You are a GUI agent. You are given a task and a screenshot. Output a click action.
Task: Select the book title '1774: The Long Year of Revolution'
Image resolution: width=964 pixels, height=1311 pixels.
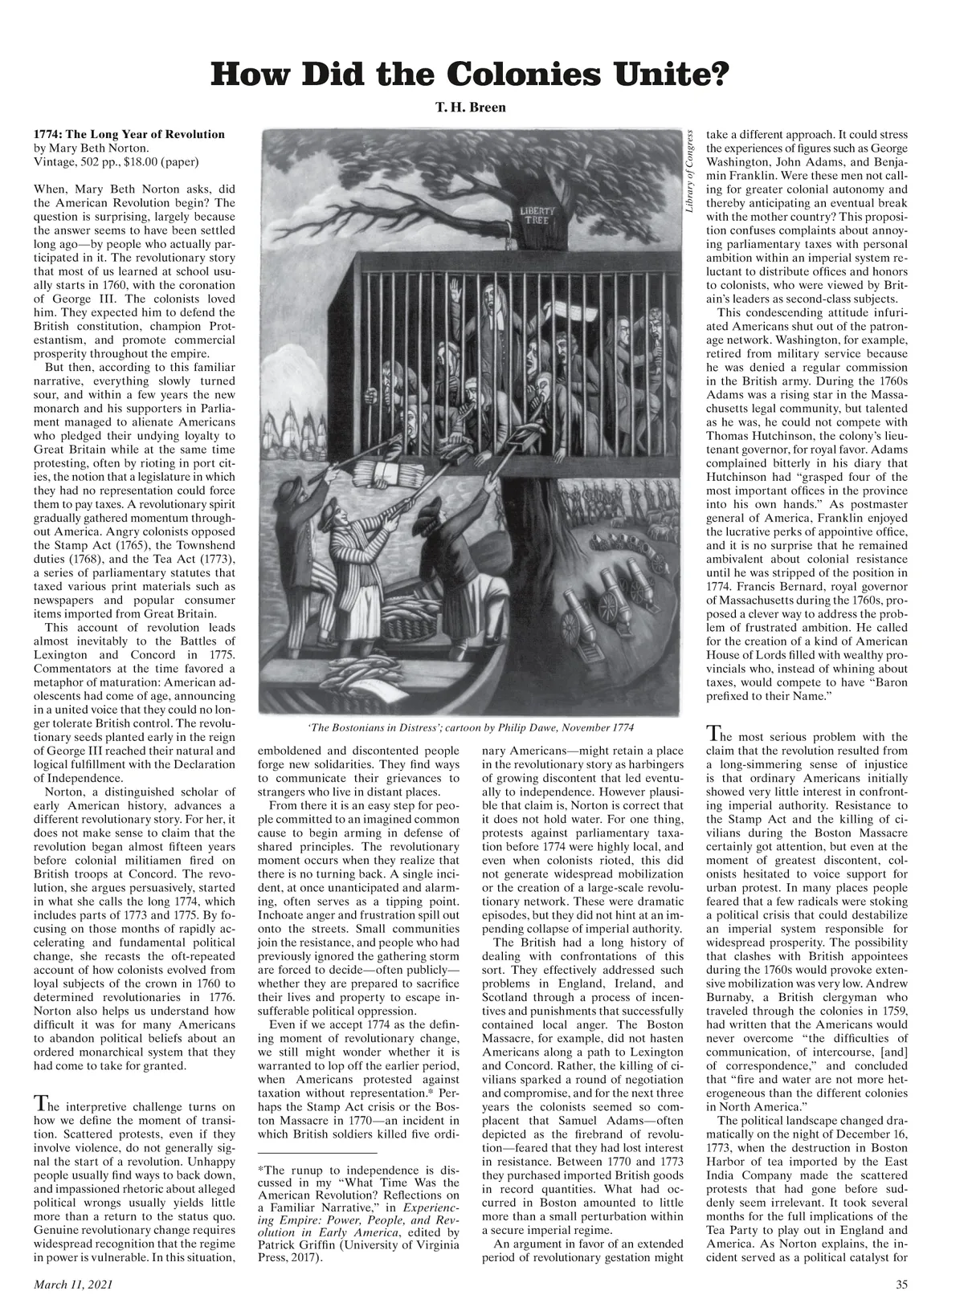[x=129, y=134]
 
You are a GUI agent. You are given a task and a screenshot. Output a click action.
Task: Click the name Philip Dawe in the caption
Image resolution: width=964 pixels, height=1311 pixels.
[x=523, y=727]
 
